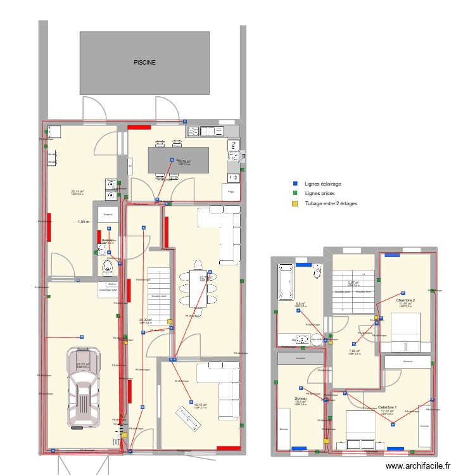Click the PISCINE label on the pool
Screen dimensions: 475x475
(x=144, y=63)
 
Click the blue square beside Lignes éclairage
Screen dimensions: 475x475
(x=294, y=184)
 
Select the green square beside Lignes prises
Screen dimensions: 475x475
(x=294, y=193)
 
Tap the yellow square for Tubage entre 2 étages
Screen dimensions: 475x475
(x=294, y=203)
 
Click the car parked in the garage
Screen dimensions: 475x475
(x=84, y=387)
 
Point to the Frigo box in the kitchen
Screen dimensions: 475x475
(x=231, y=191)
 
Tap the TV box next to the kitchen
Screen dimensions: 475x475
(x=130, y=167)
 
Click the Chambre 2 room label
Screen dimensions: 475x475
(x=405, y=300)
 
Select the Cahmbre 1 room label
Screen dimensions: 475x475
(x=387, y=407)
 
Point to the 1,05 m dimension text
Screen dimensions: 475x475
(x=84, y=222)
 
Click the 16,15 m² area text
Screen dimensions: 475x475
(x=200, y=405)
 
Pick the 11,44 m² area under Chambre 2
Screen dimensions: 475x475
(x=405, y=304)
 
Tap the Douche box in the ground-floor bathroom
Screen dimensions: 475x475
(x=108, y=215)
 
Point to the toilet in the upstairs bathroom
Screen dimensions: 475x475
(x=317, y=270)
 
